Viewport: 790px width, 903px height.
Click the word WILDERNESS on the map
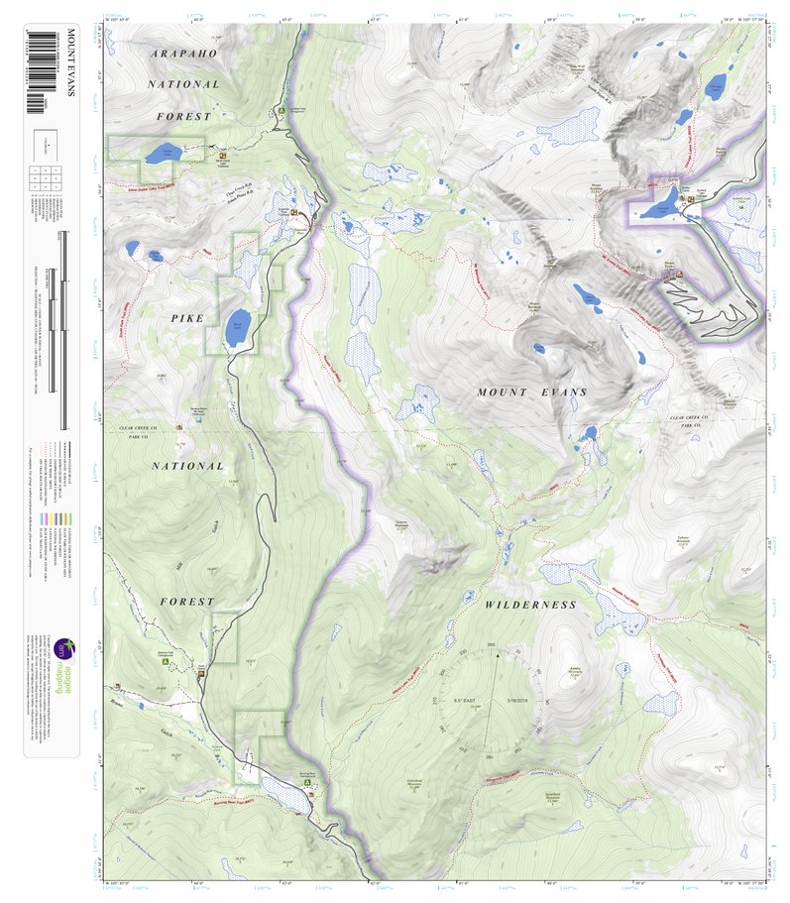click(x=529, y=604)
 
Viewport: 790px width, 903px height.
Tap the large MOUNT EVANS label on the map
click(x=532, y=393)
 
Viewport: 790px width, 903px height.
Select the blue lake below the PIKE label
click(x=237, y=329)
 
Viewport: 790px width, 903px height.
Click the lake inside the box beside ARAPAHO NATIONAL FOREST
click(x=159, y=155)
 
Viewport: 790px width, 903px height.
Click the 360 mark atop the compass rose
click(x=491, y=645)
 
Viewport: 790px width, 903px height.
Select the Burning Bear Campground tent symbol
click(x=307, y=781)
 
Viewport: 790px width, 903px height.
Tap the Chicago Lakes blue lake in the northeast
click(x=716, y=81)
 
